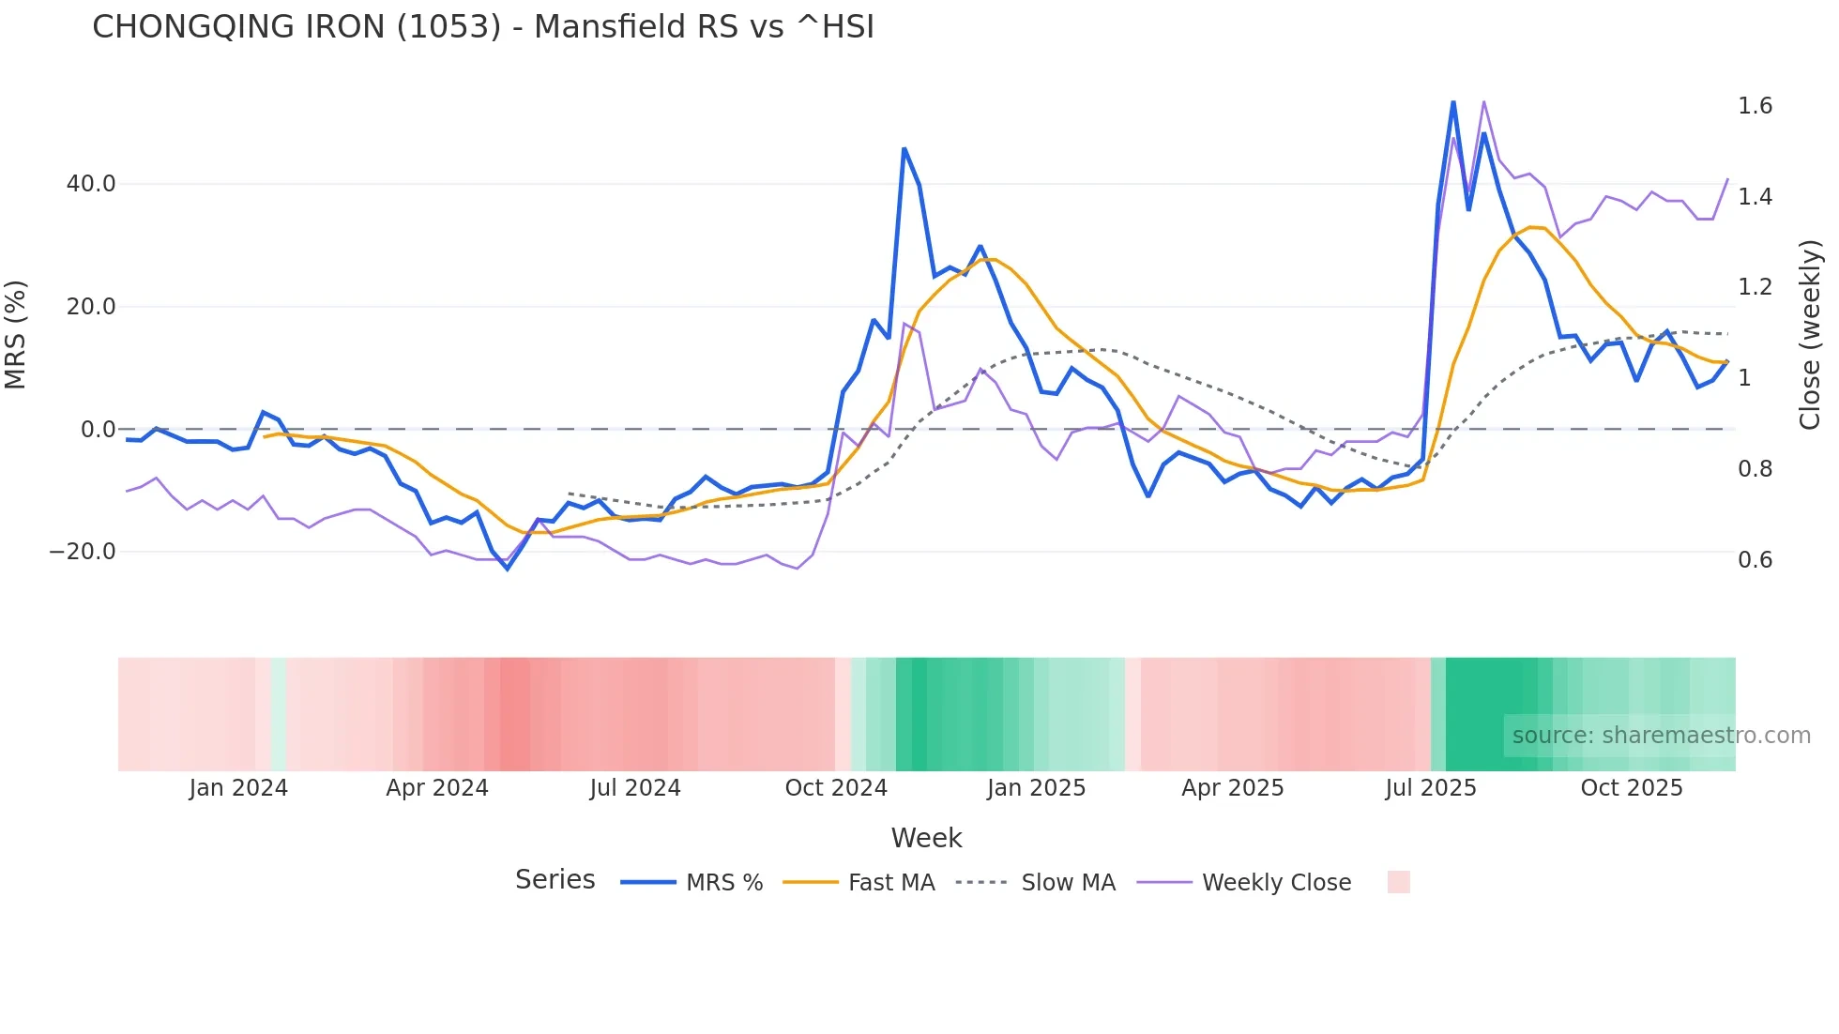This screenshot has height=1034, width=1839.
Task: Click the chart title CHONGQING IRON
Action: tap(482, 27)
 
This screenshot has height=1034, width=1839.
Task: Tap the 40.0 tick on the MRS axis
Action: tap(91, 184)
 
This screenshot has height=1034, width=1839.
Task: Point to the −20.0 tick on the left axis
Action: tap(83, 552)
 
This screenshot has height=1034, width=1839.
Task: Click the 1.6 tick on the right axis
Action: tap(1755, 106)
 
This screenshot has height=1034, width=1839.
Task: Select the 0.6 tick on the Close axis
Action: tap(1755, 560)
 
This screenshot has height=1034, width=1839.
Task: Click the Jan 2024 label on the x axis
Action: tap(238, 788)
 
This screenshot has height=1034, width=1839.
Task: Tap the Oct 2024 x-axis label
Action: tap(836, 788)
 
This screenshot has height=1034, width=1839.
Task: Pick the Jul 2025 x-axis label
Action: tap(1431, 788)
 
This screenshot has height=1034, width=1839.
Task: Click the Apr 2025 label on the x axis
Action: tap(1232, 788)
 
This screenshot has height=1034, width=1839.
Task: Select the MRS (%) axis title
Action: tap(16, 334)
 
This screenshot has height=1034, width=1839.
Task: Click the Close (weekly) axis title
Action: tap(1810, 334)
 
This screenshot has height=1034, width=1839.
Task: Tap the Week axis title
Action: tap(926, 838)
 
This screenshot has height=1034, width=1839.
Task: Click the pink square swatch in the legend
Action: tap(1398, 882)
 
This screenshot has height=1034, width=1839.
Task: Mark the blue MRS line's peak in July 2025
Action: tap(1453, 102)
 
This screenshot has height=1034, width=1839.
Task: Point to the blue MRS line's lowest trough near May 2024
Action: tap(508, 569)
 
